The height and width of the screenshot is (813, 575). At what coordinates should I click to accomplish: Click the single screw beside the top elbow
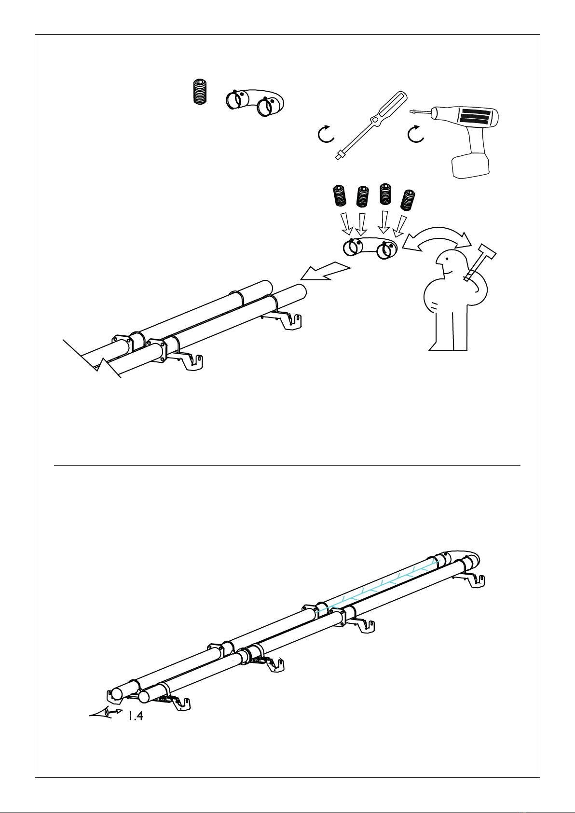(x=199, y=92)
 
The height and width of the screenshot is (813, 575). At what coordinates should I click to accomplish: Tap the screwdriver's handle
(x=389, y=109)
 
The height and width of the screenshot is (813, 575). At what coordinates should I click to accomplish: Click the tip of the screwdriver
(x=338, y=157)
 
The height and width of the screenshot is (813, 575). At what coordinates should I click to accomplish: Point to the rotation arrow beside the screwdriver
(x=326, y=134)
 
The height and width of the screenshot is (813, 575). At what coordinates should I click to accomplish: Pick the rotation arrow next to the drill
(x=415, y=134)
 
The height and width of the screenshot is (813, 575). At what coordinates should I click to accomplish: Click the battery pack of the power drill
(x=470, y=165)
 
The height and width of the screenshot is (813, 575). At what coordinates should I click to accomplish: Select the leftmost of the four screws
(x=340, y=196)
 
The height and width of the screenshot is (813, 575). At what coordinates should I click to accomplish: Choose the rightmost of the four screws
(x=408, y=200)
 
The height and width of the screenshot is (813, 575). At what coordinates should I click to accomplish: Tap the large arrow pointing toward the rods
(x=326, y=273)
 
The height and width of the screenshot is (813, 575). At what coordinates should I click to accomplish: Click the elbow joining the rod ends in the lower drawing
(x=460, y=559)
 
